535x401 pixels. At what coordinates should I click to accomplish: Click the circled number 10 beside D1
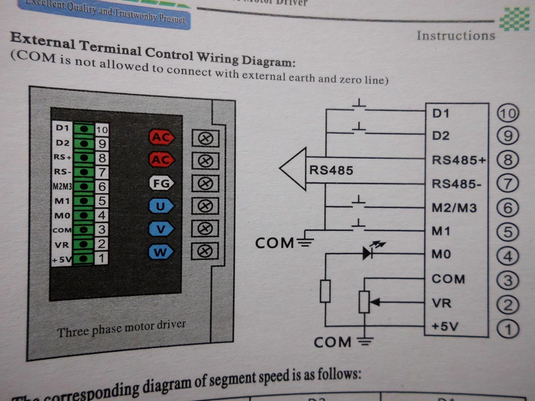tap(507, 113)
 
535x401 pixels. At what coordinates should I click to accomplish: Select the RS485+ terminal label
tap(459, 160)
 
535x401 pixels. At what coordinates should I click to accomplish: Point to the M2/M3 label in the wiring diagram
tap(454, 208)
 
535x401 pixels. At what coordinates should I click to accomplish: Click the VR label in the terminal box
tap(441, 303)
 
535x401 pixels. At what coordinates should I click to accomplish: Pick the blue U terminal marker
tap(160, 206)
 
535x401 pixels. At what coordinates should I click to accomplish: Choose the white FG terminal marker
tap(161, 183)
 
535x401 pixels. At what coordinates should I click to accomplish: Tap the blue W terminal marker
tap(160, 252)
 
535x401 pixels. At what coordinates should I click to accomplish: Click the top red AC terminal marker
tap(161, 137)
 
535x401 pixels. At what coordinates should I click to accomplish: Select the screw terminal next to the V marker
tap(205, 228)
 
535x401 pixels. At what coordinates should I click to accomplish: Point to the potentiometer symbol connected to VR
tap(364, 302)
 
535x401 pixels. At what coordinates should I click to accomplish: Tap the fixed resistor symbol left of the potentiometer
tap(325, 291)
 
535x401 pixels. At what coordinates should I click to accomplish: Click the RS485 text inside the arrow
tap(331, 170)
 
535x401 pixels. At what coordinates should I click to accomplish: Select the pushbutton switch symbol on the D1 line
tap(359, 105)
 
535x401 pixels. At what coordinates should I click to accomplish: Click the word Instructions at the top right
tap(456, 36)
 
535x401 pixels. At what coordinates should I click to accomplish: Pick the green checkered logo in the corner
tap(515, 20)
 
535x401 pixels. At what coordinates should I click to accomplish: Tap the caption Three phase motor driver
tap(121, 329)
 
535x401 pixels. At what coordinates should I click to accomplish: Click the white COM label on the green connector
tap(62, 230)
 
